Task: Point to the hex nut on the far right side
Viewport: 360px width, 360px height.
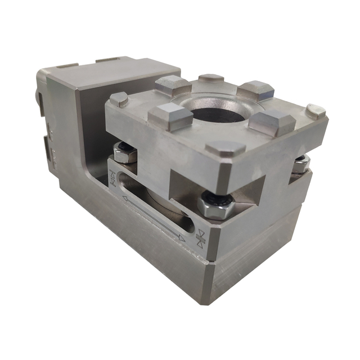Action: [x=300, y=164]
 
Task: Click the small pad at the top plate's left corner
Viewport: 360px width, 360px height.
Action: [x=119, y=100]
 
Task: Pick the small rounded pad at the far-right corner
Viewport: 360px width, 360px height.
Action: [x=316, y=111]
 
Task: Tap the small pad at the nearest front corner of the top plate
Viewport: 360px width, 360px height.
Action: [x=225, y=149]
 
